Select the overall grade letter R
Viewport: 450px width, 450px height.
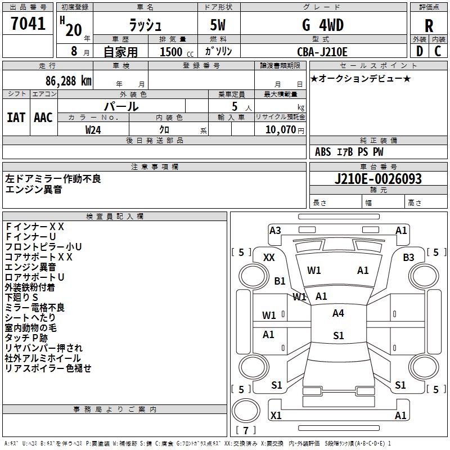click(x=429, y=26)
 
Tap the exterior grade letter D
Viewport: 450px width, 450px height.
click(x=420, y=51)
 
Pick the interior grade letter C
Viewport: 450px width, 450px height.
click(x=438, y=51)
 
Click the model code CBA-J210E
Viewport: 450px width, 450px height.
click(x=322, y=52)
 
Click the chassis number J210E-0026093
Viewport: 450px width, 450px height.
click(x=378, y=179)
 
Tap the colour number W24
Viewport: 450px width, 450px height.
click(x=93, y=129)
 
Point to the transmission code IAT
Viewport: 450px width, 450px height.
click(x=16, y=118)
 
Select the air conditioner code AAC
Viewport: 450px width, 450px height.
click(x=43, y=118)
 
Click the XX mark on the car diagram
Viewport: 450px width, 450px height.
click(x=269, y=258)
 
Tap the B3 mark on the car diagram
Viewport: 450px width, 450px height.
click(x=408, y=258)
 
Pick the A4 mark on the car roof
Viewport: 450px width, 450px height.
click(x=338, y=313)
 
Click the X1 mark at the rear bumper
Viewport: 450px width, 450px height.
click(x=276, y=416)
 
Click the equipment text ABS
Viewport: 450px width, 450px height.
click(x=323, y=152)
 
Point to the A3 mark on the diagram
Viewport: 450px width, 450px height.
click(x=275, y=230)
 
